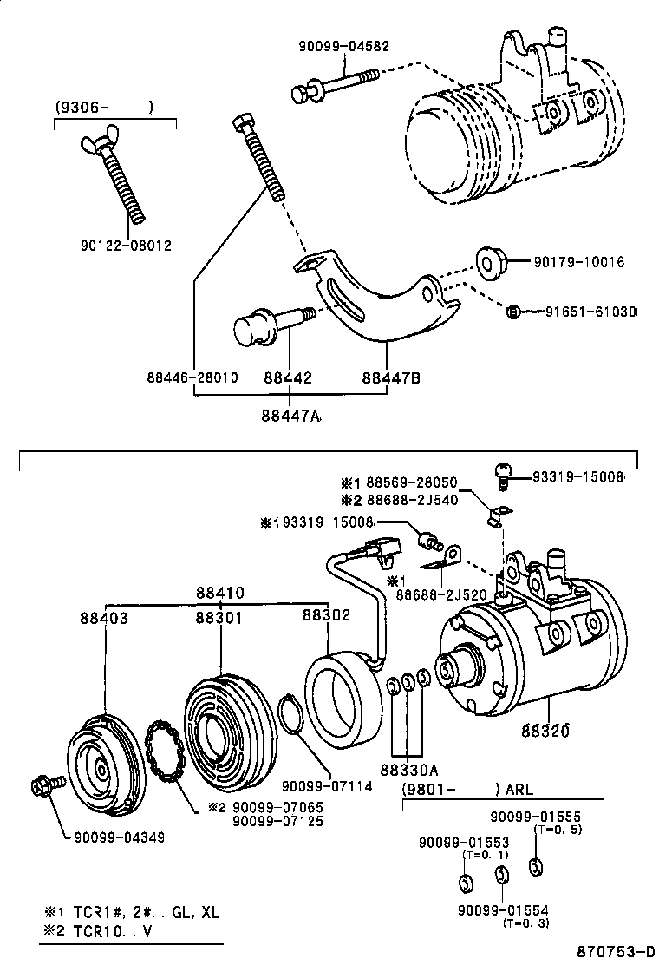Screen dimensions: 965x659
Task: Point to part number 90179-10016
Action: coord(578,261)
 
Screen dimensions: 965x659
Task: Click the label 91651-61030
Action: coord(590,312)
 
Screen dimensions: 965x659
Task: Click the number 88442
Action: coord(287,378)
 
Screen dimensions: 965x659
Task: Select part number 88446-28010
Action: coord(192,378)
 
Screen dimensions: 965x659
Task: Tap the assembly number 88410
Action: coord(219,594)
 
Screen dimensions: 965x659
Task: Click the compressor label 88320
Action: coord(545,731)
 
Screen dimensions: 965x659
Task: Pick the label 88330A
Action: coord(408,769)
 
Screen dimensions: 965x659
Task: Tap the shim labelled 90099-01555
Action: coord(535,866)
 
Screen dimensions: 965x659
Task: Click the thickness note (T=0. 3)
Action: coord(525,923)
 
